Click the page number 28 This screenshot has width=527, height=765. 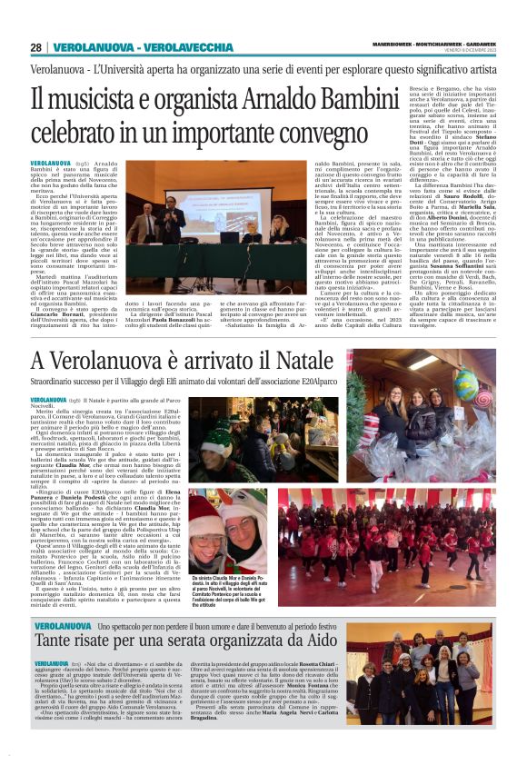(x=36, y=47)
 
